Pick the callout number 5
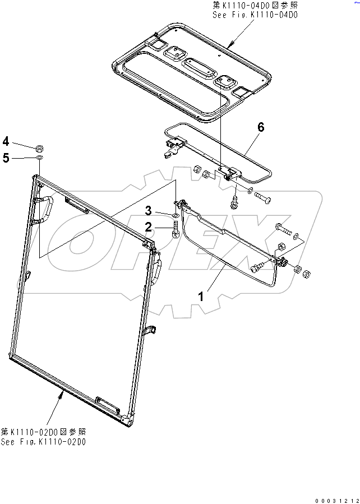(6, 158)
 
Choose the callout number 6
(261, 127)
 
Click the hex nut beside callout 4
(40, 149)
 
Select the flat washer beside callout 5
(40, 159)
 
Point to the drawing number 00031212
(335, 499)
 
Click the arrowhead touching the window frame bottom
(61, 395)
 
